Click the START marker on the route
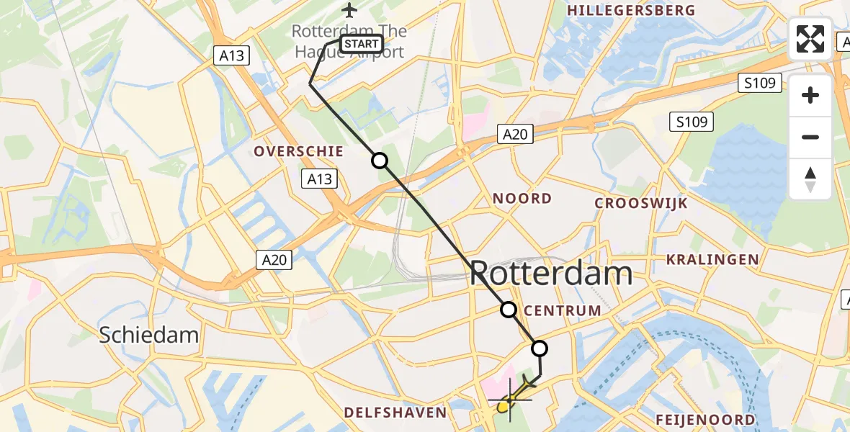pyautogui.click(x=361, y=44)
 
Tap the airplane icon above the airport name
pyautogui.click(x=349, y=10)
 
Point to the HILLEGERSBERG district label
pyautogui.click(x=631, y=11)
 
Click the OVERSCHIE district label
pyautogui.click(x=297, y=151)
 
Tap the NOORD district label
pyautogui.click(x=522, y=198)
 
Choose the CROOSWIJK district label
pyautogui.click(x=640, y=203)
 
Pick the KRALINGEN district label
pyautogui.click(x=712, y=259)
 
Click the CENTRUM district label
pyautogui.click(x=563, y=310)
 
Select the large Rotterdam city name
pyautogui.click(x=551, y=274)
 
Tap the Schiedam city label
pyautogui.click(x=148, y=334)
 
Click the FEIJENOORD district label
pyautogui.click(x=705, y=420)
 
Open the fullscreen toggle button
pyautogui.click(x=810, y=39)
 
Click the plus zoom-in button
pyautogui.click(x=810, y=95)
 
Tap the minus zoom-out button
pyautogui.click(x=810, y=137)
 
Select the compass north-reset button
pyautogui.click(x=810, y=179)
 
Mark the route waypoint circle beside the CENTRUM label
pyautogui.click(x=509, y=310)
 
